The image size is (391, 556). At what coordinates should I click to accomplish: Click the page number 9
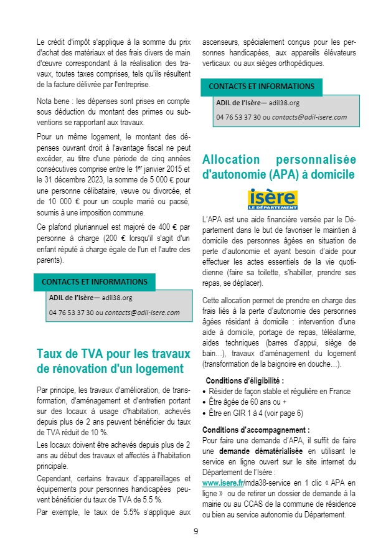195,531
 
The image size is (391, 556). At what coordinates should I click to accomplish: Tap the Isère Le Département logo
273,199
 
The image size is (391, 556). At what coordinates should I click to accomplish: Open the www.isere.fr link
222,483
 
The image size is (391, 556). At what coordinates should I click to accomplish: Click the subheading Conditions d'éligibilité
244,380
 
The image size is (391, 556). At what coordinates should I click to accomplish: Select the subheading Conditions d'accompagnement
255,430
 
